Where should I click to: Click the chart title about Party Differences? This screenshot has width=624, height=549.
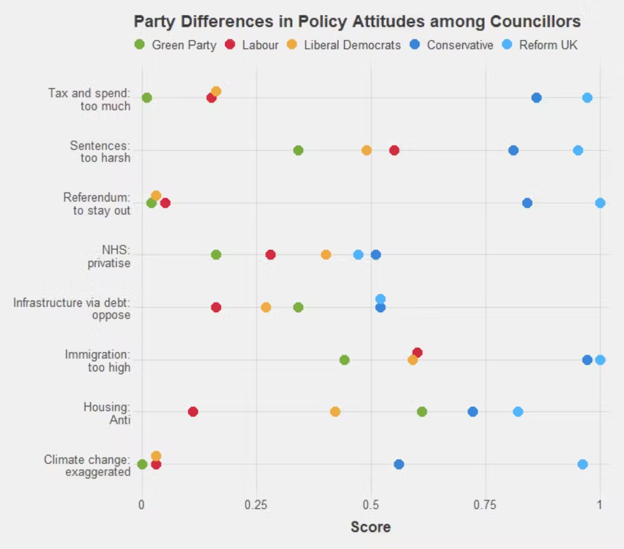click(357, 22)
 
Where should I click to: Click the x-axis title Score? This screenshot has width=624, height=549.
click(371, 527)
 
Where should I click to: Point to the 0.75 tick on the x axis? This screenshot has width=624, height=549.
click(485, 505)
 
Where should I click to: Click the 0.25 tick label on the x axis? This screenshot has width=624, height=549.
click(256, 505)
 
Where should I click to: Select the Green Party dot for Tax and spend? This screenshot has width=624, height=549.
click(147, 98)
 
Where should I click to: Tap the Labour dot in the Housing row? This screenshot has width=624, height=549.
click(193, 412)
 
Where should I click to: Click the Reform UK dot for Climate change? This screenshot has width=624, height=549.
click(582, 464)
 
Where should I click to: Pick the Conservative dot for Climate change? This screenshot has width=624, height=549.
click(399, 464)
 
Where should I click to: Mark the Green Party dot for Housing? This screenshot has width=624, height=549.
click(422, 412)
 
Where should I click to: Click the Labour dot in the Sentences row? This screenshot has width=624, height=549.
click(394, 150)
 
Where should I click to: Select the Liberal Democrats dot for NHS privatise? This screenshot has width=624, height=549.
click(326, 255)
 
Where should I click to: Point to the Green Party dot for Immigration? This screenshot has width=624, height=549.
click(344, 360)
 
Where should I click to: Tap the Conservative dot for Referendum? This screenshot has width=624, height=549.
click(527, 203)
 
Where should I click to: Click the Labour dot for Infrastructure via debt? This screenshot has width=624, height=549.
click(216, 307)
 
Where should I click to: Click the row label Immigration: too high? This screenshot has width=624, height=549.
click(98, 361)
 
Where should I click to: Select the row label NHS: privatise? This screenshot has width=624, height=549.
click(109, 256)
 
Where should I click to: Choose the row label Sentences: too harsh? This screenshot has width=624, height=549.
click(100, 151)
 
